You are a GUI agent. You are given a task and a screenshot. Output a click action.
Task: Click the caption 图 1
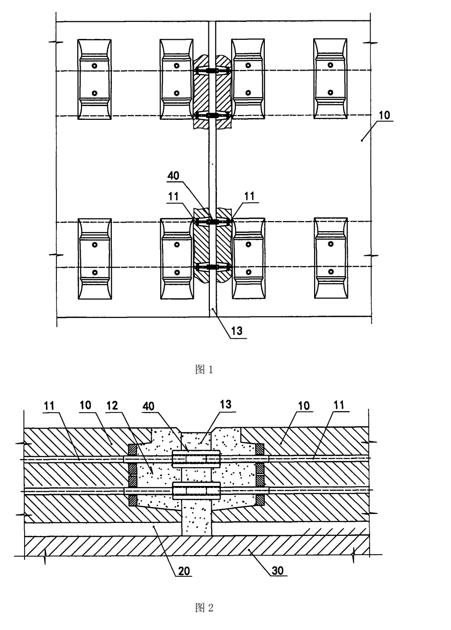click(x=204, y=370)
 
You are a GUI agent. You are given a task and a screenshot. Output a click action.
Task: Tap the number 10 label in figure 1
click(x=385, y=115)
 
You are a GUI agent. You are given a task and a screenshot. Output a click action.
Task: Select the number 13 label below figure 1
click(x=237, y=331)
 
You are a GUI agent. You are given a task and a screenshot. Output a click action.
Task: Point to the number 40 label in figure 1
click(x=173, y=176)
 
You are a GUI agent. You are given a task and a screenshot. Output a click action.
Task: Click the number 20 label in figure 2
click(x=184, y=571)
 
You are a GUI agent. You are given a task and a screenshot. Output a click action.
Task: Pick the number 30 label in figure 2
click(x=278, y=570)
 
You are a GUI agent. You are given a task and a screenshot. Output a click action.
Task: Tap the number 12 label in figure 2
click(x=112, y=405)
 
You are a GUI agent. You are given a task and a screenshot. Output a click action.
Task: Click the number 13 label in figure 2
click(x=225, y=405)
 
